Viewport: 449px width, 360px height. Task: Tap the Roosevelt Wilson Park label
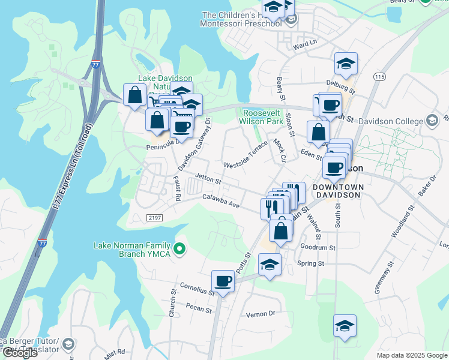click(x=262, y=117)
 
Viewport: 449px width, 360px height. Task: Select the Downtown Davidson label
click(x=337, y=191)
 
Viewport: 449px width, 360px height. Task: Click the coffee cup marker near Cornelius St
click(x=223, y=281)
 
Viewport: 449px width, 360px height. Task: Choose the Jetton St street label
click(x=208, y=179)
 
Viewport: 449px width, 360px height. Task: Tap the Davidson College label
click(x=393, y=121)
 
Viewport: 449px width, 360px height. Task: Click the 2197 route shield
click(x=155, y=218)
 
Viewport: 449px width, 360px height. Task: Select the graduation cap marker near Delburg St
click(x=346, y=64)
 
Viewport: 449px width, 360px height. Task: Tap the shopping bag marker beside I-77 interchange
click(x=134, y=94)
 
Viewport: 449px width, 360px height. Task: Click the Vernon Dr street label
click(x=261, y=314)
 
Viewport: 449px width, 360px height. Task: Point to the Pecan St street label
click(x=199, y=310)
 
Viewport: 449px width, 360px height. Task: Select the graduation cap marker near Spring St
click(x=270, y=264)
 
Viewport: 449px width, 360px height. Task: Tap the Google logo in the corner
click(x=20, y=353)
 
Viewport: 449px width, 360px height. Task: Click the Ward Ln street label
click(x=304, y=46)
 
